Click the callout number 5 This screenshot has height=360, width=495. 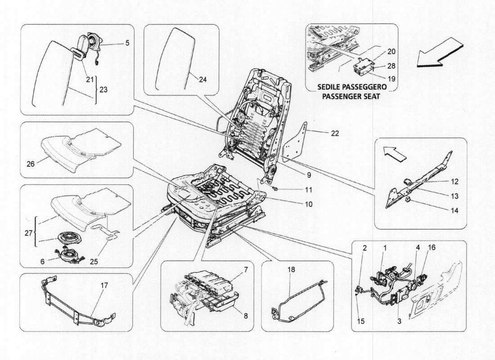coord(127,43)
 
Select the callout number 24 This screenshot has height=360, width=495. coord(202,80)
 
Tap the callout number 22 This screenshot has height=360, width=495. coord(335,133)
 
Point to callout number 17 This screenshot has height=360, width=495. coord(104,285)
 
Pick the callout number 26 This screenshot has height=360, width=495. coord(31,164)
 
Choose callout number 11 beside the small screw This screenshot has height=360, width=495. coord(308,190)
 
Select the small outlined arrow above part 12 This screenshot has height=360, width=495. coord(394,153)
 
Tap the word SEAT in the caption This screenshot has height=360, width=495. coord(371,96)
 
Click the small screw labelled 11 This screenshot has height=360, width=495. coord(275,189)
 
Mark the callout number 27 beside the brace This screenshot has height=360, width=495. coord(29,234)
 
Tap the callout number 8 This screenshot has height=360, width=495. coord(245,315)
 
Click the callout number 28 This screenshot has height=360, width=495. coord(391,66)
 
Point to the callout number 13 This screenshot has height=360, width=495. coord(454,196)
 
